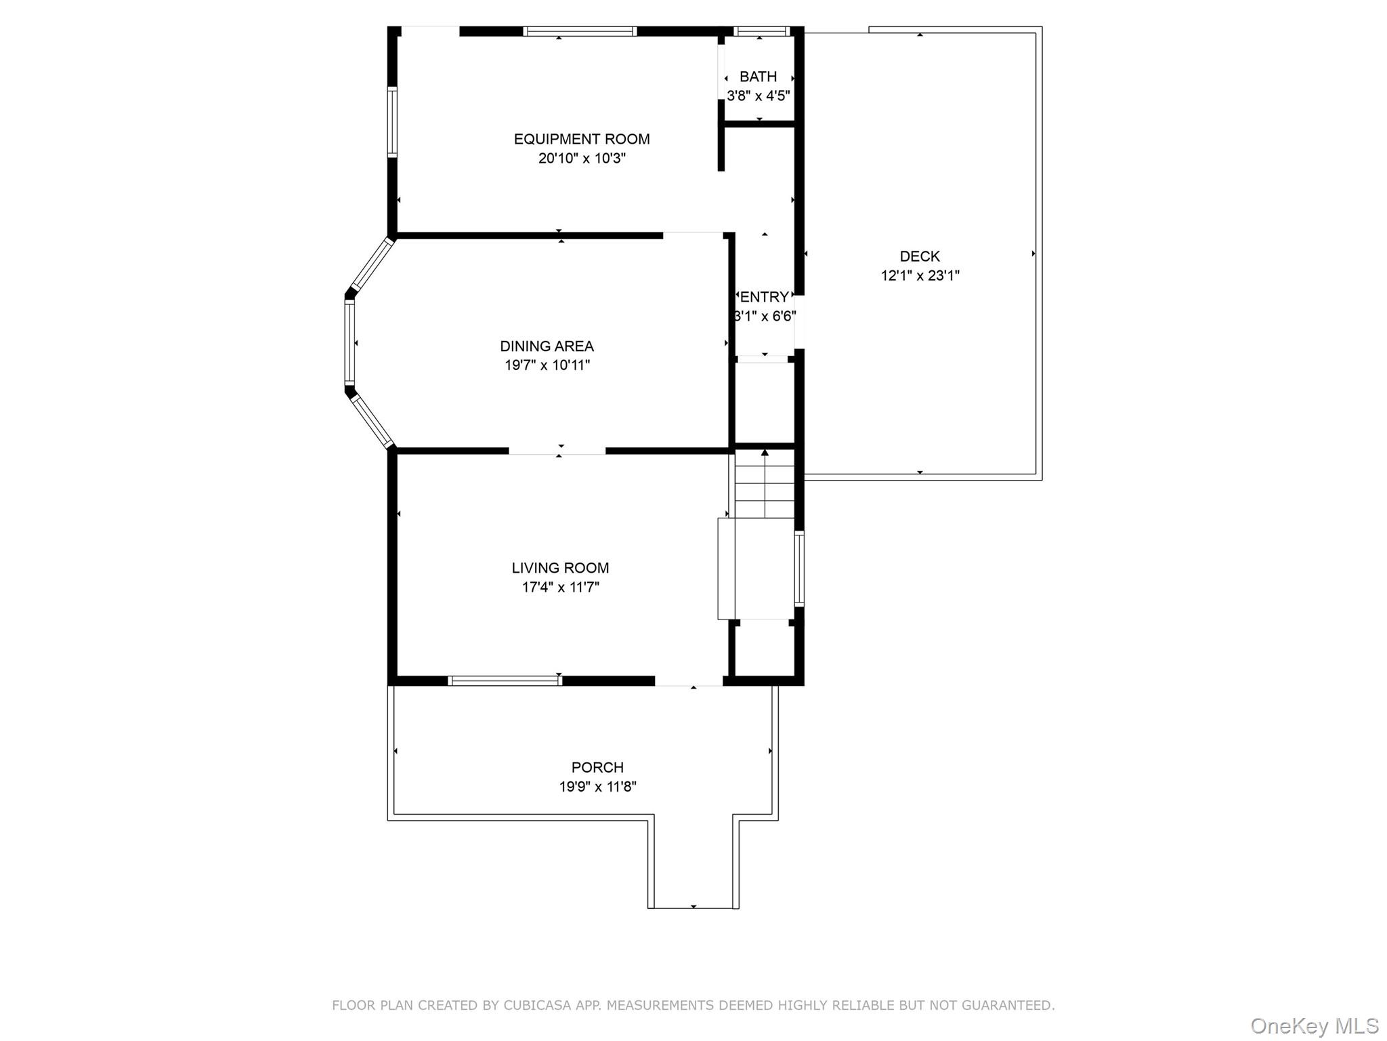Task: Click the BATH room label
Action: [758, 77]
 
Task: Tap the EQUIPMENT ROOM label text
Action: [582, 139]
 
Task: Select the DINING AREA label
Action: [547, 346]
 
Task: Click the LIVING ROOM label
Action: [560, 568]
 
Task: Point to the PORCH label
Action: [597, 767]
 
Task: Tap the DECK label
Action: [920, 256]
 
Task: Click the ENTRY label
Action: [765, 297]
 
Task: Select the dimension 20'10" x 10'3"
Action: [582, 159]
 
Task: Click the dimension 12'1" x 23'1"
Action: [920, 275]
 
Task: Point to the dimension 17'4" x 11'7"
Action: [560, 587]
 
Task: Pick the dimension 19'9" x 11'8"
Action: [597, 786]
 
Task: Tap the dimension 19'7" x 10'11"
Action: [547, 365]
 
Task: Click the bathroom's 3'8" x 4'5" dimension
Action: [758, 96]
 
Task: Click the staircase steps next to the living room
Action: [765, 483]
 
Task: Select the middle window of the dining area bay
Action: [350, 342]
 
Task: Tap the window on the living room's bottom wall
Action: [505, 680]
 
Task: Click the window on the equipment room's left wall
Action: [392, 122]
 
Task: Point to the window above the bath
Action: [762, 30]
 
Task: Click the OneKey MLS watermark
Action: [1315, 1025]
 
